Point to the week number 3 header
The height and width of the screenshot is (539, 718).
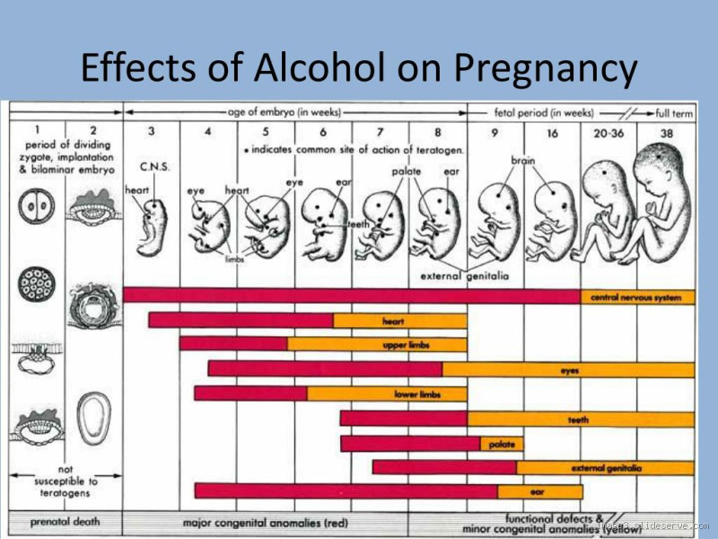pos(151,131)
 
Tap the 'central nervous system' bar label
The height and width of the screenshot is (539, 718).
pos(636,296)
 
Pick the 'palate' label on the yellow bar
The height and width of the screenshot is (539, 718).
pos(501,444)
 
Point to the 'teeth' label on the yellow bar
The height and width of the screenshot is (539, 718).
pos(578,420)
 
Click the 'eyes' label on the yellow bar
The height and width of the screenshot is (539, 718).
pos(570,370)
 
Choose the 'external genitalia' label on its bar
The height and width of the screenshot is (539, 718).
pos(606,468)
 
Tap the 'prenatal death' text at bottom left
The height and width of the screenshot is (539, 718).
pos(65,521)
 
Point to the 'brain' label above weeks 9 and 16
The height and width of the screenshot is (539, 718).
pos(523,160)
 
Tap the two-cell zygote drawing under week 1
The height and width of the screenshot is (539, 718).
pos(37,207)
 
